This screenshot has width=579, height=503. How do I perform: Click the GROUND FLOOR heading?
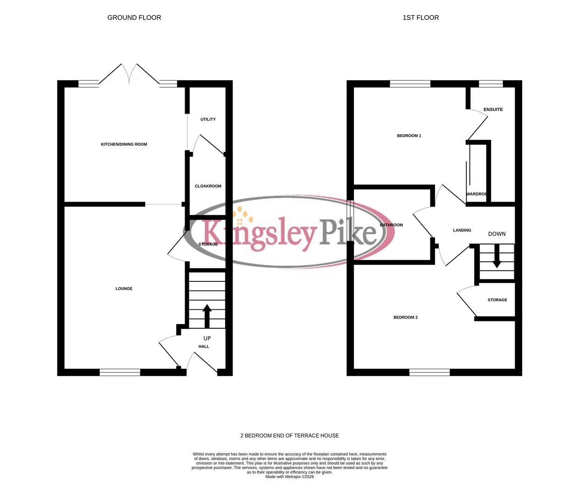coord(134,18)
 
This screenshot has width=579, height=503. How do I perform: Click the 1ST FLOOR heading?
coord(420,18)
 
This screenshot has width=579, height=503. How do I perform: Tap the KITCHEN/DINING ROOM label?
coord(124,144)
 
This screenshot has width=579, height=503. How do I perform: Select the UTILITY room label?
coord(208,119)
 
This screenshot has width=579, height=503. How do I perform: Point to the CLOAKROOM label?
coord(208,186)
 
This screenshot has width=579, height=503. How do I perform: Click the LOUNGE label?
coord(124,289)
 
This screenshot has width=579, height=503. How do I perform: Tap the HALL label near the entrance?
coord(204,347)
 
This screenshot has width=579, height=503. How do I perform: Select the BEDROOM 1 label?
coord(409,136)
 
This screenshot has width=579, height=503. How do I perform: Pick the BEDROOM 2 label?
coord(406,318)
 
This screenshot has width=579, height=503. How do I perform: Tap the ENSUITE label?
coord(493,109)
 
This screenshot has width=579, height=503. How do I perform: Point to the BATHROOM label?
coord(392,225)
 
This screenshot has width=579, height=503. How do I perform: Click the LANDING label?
coord(462,230)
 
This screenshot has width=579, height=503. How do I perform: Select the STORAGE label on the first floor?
coord(497,300)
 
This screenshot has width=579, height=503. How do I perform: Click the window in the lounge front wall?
coord(120,372)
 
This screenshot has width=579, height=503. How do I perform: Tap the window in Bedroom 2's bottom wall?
coord(429,372)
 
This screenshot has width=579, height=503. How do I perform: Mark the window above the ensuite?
coord(491,84)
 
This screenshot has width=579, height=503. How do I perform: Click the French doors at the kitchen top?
coord(129,77)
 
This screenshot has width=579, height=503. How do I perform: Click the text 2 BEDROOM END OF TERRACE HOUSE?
coord(289,435)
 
